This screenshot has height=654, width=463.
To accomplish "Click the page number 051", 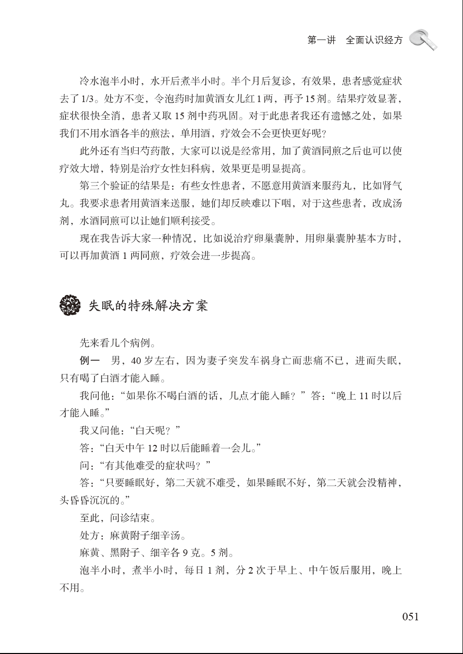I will coord(410,617).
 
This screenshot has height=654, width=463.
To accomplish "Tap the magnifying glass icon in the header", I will coord(423,39).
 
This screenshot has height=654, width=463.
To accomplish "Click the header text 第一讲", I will coord(321,41).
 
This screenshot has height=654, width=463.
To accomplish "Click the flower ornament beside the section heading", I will coord(70,306).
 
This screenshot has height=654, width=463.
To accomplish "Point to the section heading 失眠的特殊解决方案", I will coord(148,306).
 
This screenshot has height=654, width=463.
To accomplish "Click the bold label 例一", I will coord(90,361).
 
